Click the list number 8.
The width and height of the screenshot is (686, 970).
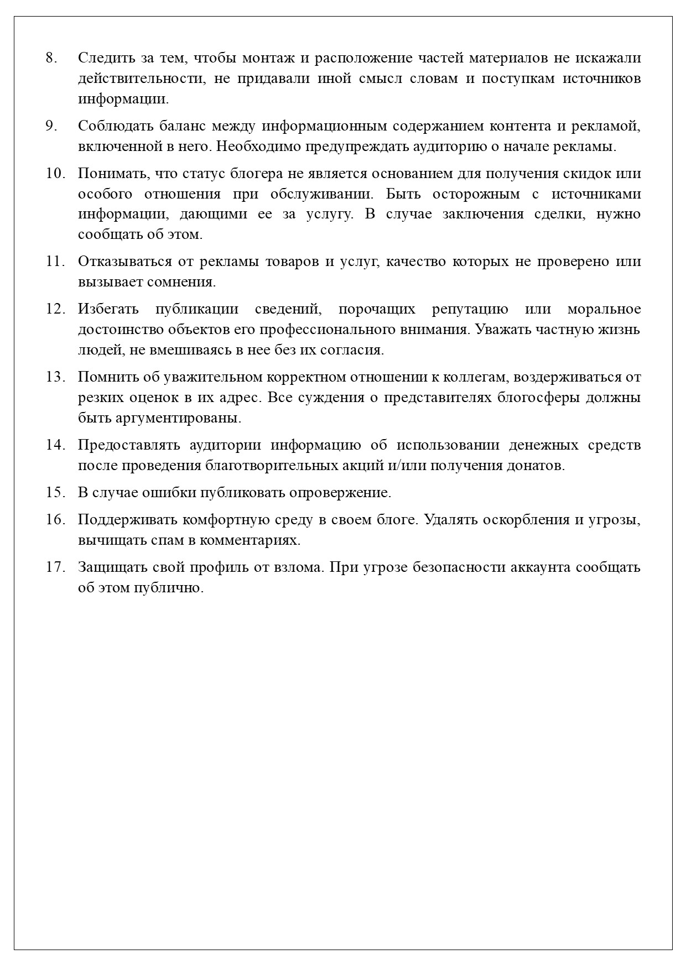click(51, 58)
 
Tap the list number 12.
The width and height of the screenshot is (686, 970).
click(55, 309)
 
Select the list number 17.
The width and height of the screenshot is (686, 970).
click(55, 567)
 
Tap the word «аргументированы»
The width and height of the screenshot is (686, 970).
click(178, 418)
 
